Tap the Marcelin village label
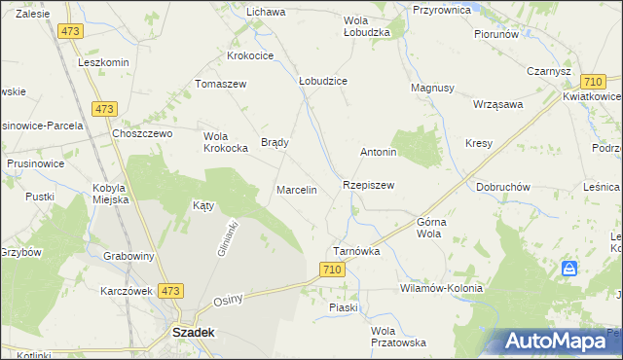297,190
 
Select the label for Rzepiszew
367,184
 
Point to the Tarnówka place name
356,250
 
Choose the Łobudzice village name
323,81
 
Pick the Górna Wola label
431,228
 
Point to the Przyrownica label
442,9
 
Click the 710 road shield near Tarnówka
332,279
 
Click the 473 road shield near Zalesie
69,31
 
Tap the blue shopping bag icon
571,268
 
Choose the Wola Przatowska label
398,337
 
